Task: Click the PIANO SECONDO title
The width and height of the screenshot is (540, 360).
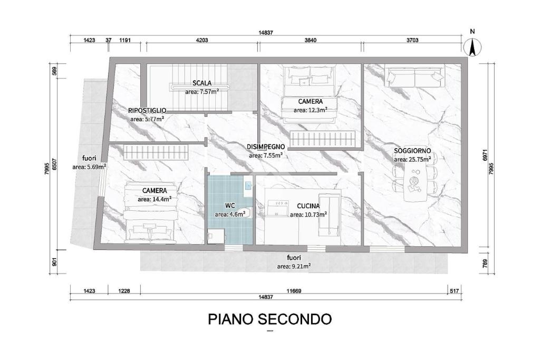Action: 269,319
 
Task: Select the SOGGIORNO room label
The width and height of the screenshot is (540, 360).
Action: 412,151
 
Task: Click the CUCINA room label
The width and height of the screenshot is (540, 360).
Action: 308,206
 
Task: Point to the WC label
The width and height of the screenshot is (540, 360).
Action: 230,206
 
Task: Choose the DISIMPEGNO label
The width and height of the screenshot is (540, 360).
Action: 266,147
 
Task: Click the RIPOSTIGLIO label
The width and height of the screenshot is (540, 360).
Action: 147,111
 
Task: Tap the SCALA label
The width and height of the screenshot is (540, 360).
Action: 202,83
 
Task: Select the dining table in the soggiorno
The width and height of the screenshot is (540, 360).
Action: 416,180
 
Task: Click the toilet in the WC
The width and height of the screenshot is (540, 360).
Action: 247,213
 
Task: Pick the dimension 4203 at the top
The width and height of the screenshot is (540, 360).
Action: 202,40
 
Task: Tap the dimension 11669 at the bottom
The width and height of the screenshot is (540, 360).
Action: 294,291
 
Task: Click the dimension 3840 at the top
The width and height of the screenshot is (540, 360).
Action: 310,40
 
